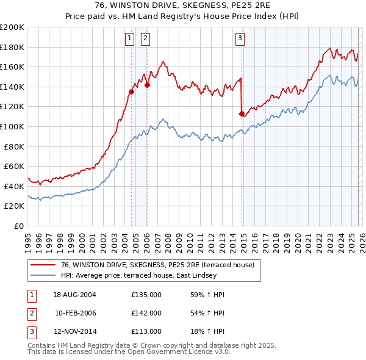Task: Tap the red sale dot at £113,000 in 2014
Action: pyautogui.click(x=242, y=113)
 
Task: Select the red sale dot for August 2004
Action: pyautogui.click(x=131, y=92)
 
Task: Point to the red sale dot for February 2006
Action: pyautogui.click(x=147, y=85)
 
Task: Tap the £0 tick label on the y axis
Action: pyautogui.click(x=20, y=226)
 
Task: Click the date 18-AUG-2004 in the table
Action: pyautogui.click(x=74, y=295)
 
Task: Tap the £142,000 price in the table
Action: pyautogui.click(x=146, y=313)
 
